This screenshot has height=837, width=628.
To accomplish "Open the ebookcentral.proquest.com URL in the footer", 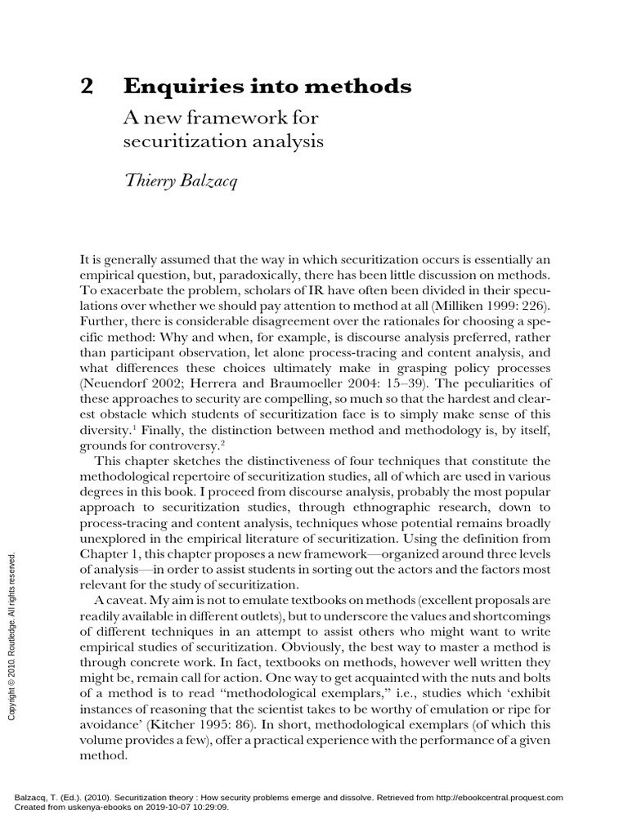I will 484,798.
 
